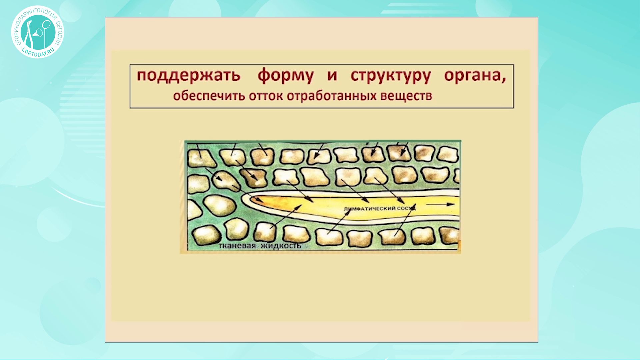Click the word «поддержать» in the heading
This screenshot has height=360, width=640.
188,76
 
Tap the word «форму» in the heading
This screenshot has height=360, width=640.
286,76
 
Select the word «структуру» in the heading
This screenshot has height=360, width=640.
391,76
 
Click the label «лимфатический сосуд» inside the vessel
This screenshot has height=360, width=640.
380,209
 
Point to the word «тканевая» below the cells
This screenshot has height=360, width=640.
237,246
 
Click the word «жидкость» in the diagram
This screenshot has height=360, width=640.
281,246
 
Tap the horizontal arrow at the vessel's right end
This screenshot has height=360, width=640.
440,204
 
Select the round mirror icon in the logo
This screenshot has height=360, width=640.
46,24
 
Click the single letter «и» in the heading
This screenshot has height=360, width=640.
332,76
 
